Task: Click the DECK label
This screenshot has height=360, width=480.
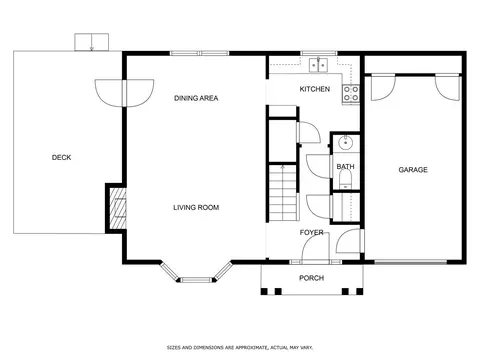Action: (x=61, y=157)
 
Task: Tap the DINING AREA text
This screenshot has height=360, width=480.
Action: (x=196, y=98)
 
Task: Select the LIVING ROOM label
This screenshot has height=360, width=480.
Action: (x=196, y=207)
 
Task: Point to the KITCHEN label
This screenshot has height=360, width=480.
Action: (x=315, y=89)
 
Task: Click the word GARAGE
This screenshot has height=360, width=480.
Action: (x=413, y=170)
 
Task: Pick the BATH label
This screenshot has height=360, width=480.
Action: (x=345, y=166)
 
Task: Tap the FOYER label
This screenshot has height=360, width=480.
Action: (x=311, y=232)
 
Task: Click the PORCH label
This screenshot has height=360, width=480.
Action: (x=311, y=278)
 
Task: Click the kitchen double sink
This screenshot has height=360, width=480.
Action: (x=319, y=65)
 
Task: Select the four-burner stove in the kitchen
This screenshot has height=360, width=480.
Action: (x=351, y=94)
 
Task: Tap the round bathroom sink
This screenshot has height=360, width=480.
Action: (x=345, y=143)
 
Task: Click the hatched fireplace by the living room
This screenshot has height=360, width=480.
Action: (x=118, y=208)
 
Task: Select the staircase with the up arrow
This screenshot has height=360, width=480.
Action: (x=283, y=193)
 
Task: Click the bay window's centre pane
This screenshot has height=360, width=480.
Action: (x=196, y=280)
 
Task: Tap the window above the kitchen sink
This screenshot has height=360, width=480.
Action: (x=319, y=53)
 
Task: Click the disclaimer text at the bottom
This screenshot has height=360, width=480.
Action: (x=240, y=348)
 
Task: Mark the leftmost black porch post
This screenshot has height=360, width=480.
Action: (x=264, y=292)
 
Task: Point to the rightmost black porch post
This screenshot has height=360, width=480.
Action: (x=359, y=292)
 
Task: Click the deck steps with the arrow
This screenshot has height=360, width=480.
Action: (x=92, y=42)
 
